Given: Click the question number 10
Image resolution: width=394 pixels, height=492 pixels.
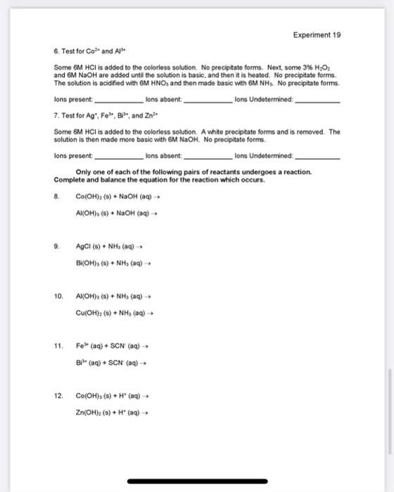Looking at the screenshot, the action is point(58,297).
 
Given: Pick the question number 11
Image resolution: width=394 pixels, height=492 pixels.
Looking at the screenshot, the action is point(58,347).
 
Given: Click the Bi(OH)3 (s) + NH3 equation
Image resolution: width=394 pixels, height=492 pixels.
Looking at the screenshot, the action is point(113,264).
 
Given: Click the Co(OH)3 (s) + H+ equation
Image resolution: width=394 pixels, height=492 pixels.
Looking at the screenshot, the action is point(112,396).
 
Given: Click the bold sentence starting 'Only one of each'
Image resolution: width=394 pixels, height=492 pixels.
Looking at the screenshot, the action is point(194,171).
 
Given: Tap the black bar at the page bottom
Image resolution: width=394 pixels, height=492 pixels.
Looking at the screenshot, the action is point(196,482).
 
